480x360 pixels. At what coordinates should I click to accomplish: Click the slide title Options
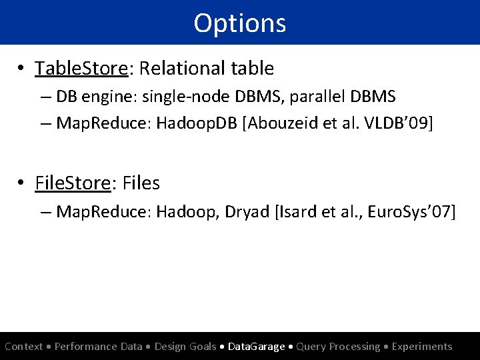click(x=240, y=23)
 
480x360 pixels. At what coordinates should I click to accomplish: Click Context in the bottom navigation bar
click(x=24, y=347)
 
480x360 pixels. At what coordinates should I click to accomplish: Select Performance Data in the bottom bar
click(x=99, y=347)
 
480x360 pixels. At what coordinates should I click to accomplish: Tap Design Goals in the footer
click(x=185, y=347)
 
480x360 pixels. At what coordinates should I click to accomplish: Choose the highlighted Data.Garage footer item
click(x=257, y=347)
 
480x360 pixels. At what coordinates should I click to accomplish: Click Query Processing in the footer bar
click(x=338, y=347)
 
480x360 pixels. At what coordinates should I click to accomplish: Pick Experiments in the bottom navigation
click(x=422, y=347)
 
